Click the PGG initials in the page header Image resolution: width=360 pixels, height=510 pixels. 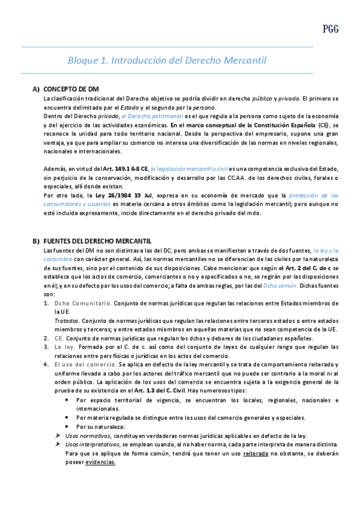coord(331,28)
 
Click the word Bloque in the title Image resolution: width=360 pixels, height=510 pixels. coord(83,61)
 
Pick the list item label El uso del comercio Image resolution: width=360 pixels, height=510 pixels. coord(85,364)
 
